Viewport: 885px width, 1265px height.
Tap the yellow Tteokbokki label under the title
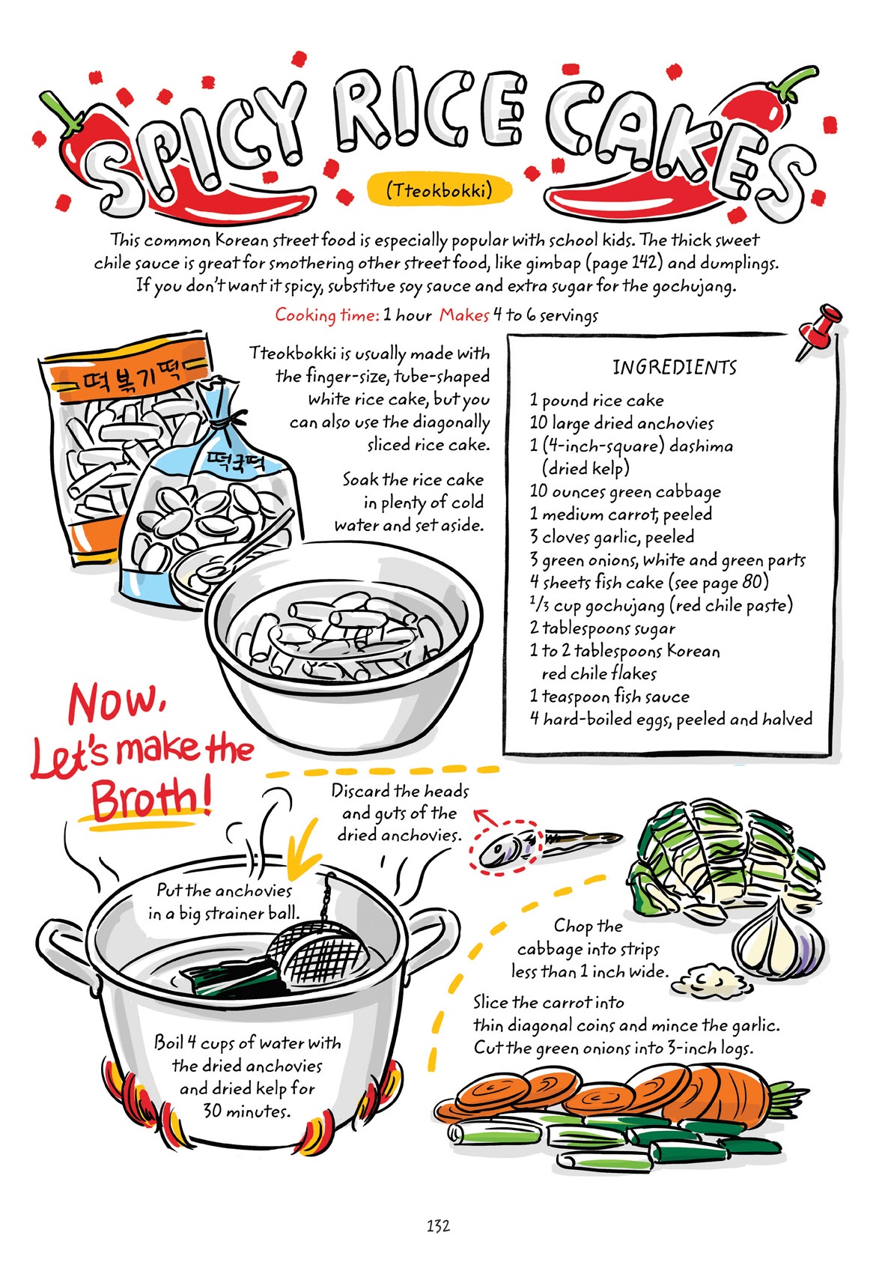click(440, 189)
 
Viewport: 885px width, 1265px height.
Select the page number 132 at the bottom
click(438, 1225)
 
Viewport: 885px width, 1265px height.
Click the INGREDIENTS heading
click(674, 367)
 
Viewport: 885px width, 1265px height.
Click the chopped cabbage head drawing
click(719, 854)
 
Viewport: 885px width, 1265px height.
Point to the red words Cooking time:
click(326, 315)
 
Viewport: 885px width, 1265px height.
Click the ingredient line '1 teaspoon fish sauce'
click(609, 696)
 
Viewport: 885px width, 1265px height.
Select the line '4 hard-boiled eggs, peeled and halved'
click(670, 719)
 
